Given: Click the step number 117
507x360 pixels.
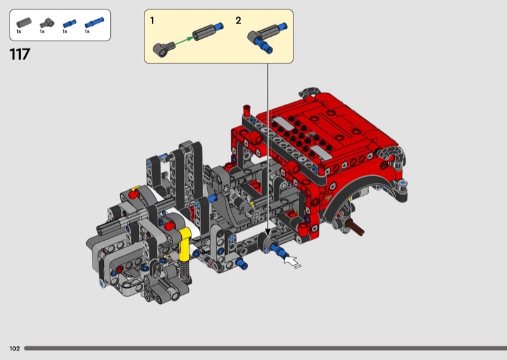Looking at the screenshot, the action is [x=20, y=54].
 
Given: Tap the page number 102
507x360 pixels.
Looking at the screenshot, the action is [x=15, y=349].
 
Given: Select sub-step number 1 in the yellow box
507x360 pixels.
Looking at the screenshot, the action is [x=152, y=21].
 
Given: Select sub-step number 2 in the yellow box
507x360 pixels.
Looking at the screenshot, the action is [x=238, y=21].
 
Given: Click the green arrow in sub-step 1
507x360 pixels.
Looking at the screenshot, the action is [x=184, y=40].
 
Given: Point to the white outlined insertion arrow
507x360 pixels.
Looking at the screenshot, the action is [x=292, y=261].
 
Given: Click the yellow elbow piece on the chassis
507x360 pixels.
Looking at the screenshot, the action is [x=184, y=243].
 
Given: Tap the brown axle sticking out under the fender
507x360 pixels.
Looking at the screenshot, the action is [x=356, y=227].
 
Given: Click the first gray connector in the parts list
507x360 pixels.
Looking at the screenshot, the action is [x=24, y=23].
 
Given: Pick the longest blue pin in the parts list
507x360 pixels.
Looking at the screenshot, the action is [x=94, y=23].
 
